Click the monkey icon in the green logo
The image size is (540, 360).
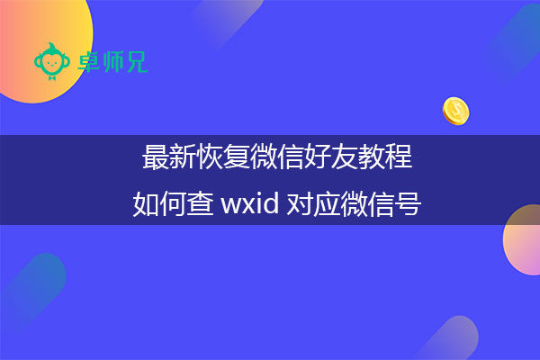point(50,60)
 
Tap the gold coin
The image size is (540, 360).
point(456,112)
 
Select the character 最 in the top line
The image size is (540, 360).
point(154,157)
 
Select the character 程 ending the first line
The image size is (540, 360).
point(400,157)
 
